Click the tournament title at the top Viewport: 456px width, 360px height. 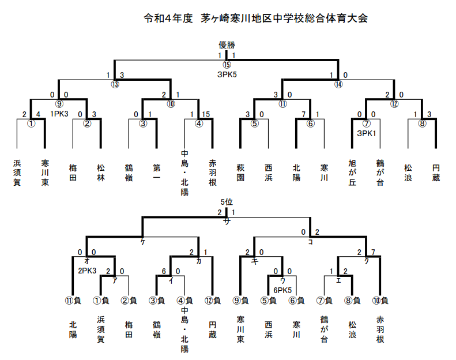(255, 18)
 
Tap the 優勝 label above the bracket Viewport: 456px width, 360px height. (227, 45)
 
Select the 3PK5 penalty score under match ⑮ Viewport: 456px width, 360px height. (227, 75)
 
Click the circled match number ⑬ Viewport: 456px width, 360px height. (115, 84)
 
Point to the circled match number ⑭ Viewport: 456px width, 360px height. (338, 84)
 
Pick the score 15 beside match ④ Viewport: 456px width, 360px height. (206, 114)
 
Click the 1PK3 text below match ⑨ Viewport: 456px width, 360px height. (59, 114)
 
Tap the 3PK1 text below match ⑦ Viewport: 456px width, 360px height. (367, 133)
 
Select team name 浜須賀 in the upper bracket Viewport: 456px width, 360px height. (17, 172)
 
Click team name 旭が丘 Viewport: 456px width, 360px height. (352, 172)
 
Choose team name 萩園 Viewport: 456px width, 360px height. (240, 172)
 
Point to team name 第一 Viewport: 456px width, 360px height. (157, 172)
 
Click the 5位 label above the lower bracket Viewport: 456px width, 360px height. (227, 202)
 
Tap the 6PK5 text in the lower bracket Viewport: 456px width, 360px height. (282, 290)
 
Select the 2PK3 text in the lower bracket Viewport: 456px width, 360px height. (87, 271)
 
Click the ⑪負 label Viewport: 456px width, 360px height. (73, 301)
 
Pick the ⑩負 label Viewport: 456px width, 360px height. (380, 301)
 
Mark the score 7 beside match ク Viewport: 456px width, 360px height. (373, 252)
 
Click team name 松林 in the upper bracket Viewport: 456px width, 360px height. (101, 172)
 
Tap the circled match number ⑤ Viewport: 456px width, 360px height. (255, 123)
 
